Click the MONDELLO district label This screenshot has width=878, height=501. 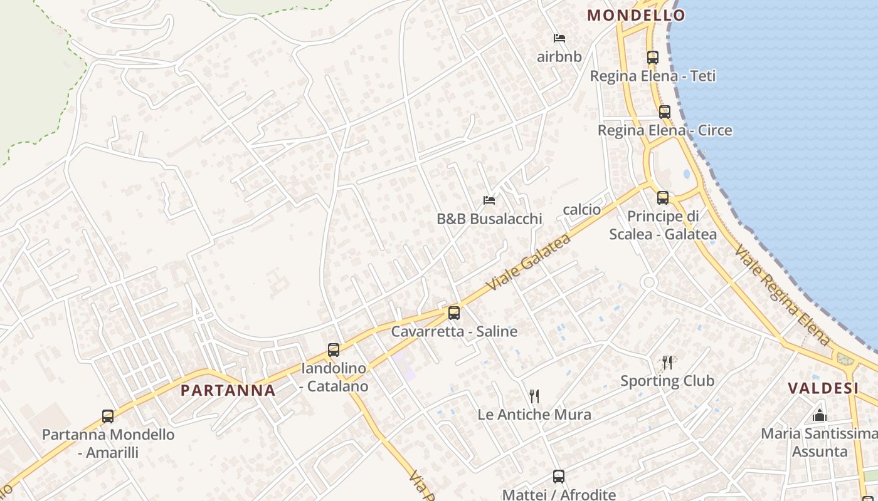coord(635,16)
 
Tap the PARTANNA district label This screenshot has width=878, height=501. coord(228,391)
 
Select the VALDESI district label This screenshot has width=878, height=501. coord(823,388)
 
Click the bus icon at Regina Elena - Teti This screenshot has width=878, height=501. coord(652,58)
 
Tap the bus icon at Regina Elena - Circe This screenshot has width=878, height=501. coord(665,112)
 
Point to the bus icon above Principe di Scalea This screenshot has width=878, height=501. coord(663,198)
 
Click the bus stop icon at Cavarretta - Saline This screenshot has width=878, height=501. coord(454,313)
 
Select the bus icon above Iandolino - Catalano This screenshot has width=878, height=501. coord(334,350)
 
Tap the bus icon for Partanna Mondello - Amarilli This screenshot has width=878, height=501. coord(108,416)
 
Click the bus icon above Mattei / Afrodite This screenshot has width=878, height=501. coord(559,477)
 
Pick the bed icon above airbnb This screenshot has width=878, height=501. coord(559,38)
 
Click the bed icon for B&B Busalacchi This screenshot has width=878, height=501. coord(489,200)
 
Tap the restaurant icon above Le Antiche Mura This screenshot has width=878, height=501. coord(534,396)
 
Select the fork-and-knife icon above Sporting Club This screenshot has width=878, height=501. coord(667,363)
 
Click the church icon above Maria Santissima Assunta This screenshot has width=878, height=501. coord(820,415)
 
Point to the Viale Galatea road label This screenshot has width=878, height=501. coord(529,262)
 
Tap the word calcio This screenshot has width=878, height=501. coord(582,210)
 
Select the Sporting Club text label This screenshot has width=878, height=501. coord(667,381)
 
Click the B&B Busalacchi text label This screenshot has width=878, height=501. coord(489,219)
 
